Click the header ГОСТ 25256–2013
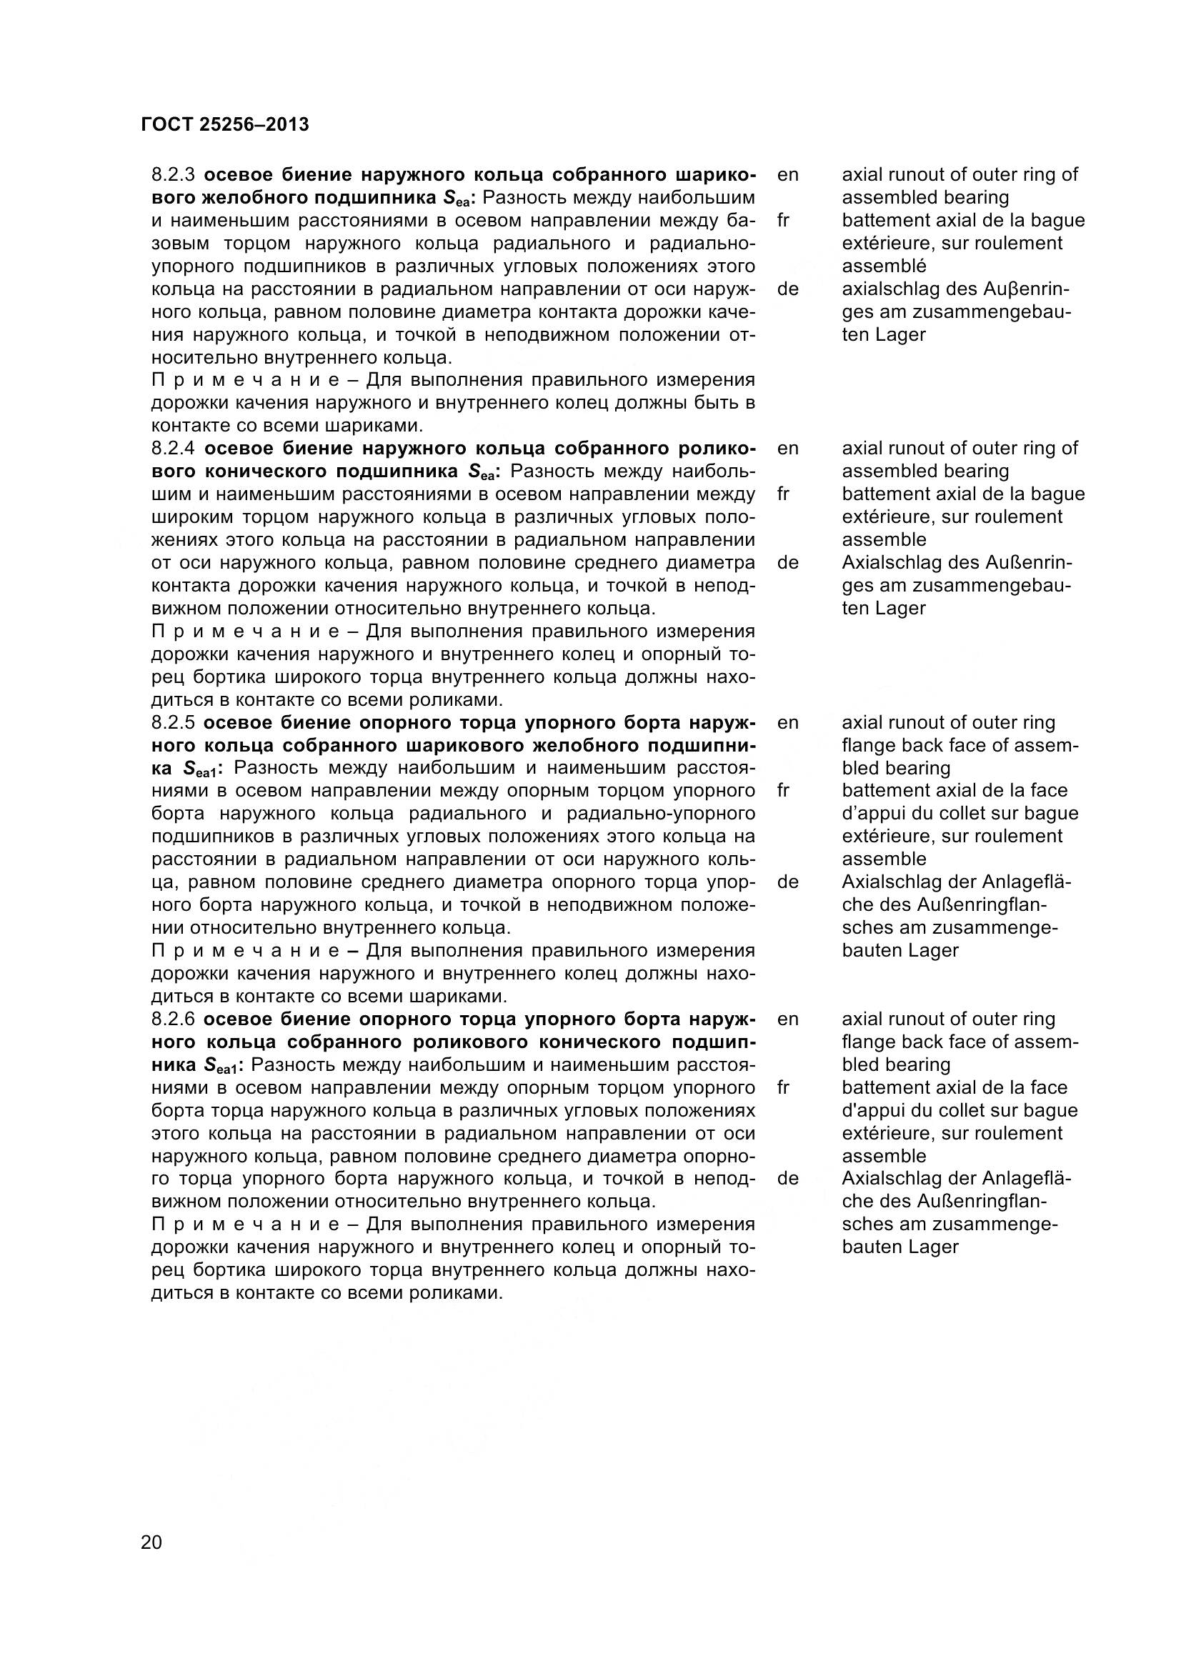point(224,125)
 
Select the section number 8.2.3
point(171,174)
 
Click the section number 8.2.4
point(171,449)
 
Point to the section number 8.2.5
point(171,723)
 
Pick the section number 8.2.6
point(171,1019)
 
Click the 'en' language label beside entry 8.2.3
point(787,174)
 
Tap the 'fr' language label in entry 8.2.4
point(783,494)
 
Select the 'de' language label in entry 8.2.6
point(787,1178)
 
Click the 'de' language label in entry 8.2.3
point(787,289)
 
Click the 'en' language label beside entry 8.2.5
point(787,723)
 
